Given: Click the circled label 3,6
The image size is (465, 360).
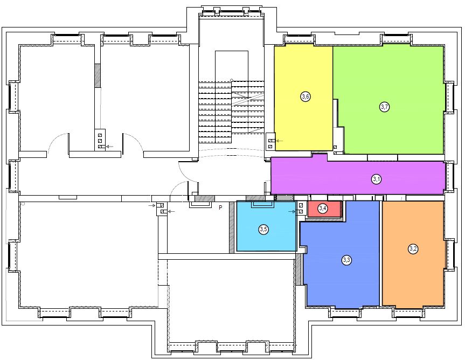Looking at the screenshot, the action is (306, 96).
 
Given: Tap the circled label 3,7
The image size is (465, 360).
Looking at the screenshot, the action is (385, 107).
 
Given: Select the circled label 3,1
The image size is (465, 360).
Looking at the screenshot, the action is (376, 179).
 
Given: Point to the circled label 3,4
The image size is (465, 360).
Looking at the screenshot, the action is (323, 209).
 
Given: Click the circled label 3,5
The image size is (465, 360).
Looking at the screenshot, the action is (263, 229).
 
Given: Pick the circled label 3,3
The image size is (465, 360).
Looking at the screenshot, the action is (346, 260).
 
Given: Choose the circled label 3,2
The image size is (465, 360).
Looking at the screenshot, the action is (413, 249).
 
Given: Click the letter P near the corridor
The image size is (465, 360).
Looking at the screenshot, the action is (220, 207).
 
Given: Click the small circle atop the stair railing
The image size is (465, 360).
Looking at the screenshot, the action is (232, 80).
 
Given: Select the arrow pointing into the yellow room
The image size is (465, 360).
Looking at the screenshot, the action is (280, 141).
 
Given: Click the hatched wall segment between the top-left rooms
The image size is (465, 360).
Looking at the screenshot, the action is (98, 75).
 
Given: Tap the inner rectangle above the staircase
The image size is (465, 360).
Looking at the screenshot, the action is (232, 66).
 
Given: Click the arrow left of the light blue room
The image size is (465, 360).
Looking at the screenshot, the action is (292, 211).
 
